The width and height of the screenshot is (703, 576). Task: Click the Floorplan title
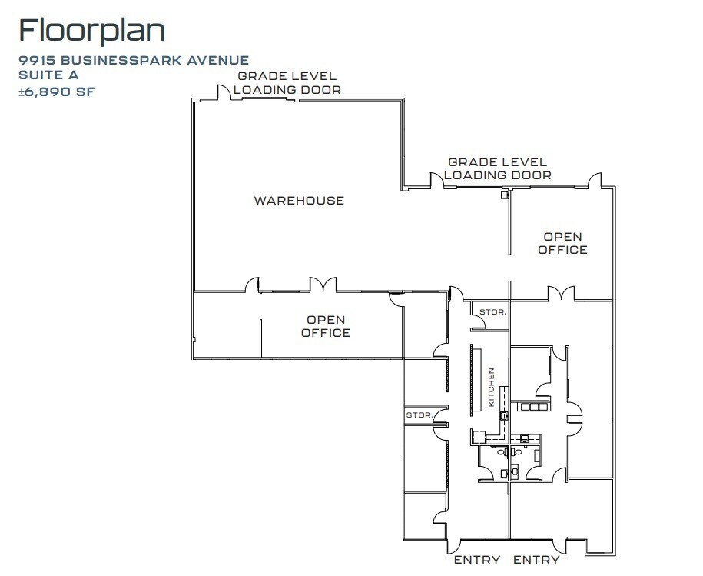91,31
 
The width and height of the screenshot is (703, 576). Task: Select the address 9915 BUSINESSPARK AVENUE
134,60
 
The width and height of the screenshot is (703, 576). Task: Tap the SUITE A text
48,75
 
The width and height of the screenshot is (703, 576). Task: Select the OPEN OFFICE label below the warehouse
326,326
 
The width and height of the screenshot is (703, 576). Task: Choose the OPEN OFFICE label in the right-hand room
562,243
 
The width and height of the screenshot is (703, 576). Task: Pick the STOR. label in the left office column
419,415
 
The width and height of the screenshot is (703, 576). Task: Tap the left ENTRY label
476,560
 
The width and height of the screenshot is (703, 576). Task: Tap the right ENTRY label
536,560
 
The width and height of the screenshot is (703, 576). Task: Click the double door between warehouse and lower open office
323,285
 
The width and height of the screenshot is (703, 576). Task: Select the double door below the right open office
560,293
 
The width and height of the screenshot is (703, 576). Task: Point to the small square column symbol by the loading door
504,195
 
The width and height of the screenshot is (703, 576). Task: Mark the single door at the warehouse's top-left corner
224,92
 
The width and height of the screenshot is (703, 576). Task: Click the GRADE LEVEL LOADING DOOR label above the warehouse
287,82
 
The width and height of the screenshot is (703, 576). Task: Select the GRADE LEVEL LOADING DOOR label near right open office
497,168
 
